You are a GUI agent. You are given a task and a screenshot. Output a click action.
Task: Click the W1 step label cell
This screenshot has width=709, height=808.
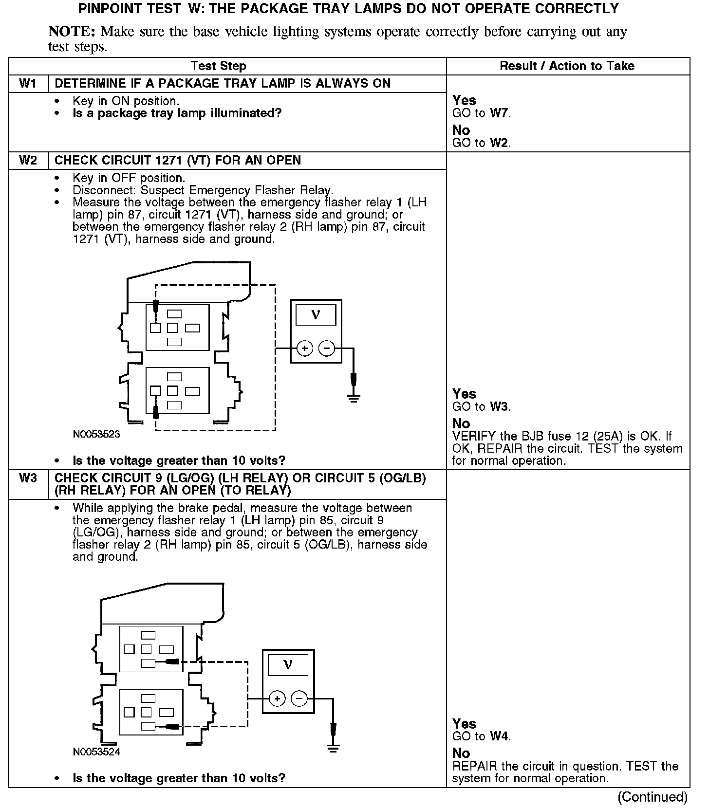click(x=28, y=84)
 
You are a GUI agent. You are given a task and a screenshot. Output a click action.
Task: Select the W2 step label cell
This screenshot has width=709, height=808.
click(x=28, y=161)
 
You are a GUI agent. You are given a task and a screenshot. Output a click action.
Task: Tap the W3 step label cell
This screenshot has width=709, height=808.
click(x=28, y=478)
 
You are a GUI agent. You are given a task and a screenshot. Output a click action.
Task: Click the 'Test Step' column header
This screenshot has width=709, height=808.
click(x=218, y=66)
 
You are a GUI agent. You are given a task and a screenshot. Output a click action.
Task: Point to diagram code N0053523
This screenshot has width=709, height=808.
click(x=96, y=434)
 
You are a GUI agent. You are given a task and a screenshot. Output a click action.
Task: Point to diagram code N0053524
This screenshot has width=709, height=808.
click(x=96, y=752)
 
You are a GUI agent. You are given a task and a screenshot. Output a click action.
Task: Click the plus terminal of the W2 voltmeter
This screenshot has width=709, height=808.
click(x=305, y=349)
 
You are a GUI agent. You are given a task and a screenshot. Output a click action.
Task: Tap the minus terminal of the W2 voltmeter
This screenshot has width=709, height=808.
click(x=327, y=349)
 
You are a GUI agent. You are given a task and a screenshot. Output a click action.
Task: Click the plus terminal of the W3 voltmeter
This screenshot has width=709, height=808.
click(x=277, y=699)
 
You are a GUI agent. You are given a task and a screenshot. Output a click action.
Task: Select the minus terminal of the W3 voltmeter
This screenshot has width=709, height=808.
click(x=299, y=699)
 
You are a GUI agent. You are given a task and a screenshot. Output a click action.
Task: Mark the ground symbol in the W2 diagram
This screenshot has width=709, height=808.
click(x=354, y=398)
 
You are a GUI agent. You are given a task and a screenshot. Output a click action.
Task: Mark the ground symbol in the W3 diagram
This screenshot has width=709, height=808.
click(x=333, y=749)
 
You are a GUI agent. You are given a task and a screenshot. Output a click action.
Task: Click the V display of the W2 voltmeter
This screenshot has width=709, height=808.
click(x=316, y=315)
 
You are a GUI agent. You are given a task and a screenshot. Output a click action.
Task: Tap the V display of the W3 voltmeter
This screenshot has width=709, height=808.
click(x=288, y=665)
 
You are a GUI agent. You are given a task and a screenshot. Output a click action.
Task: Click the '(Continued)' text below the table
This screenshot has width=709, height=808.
click(x=653, y=797)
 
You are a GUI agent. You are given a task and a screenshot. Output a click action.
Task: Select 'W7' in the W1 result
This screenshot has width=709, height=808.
click(x=500, y=113)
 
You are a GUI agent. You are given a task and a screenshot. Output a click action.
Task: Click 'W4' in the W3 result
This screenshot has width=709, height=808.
click(x=500, y=736)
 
